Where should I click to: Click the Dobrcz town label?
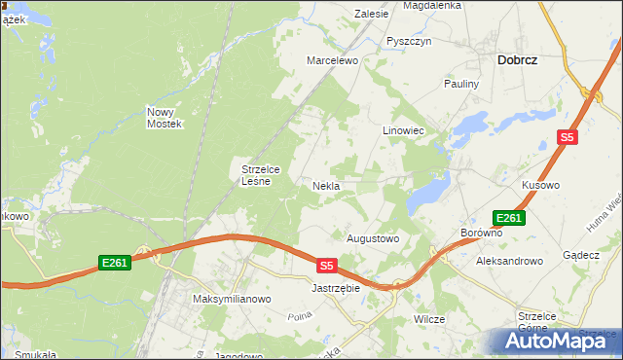click(x=518, y=59)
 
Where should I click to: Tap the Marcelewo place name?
click(x=333, y=60)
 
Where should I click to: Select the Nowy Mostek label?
click(x=165, y=118)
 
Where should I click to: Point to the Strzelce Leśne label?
click(x=261, y=174)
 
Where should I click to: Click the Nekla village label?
click(x=325, y=185)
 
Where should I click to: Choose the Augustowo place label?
click(x=374, y=237)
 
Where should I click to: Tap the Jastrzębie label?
click(x=336, y=288)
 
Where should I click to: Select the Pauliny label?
click(x=462, y=84)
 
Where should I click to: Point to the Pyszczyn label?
click(x=408, y=41)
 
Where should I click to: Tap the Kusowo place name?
click(x=540, y=185)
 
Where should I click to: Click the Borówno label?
click(x=481, y=234)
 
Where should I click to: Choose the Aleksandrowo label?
click(x=508, y=261)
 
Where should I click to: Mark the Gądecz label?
click(x=581, y=254)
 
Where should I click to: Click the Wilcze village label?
click(x=429, y=319)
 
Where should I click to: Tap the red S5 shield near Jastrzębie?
click(x=327, y=265)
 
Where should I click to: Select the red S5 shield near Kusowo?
click(x=568, y=138)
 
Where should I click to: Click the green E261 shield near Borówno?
click(x=509, y=218)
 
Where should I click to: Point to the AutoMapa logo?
click(x=560, y=341)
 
